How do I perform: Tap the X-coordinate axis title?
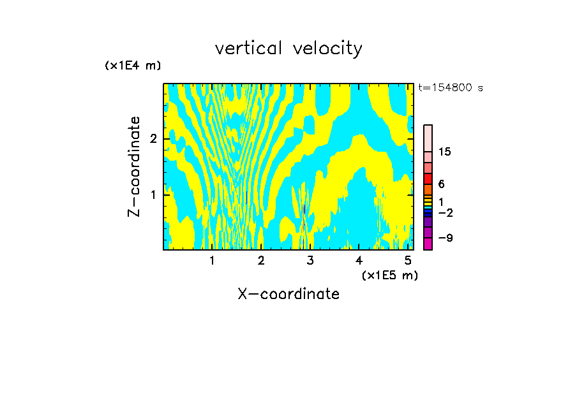(288, 294)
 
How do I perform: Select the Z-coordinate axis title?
(134, 166)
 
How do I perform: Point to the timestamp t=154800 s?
(451, 88)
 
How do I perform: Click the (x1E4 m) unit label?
(133, 66)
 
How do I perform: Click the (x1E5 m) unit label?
(389, 275)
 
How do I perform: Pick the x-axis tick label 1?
(212, 260)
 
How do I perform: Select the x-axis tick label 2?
(261, 260)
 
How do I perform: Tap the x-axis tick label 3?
(310, 260)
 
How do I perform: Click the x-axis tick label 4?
(359, 260)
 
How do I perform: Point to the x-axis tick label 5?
(408, 260)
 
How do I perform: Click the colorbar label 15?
(445, 152)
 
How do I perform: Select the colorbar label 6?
(442, 184)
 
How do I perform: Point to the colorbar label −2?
(445, 212)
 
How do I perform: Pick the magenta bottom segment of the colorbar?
(428, 244)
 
